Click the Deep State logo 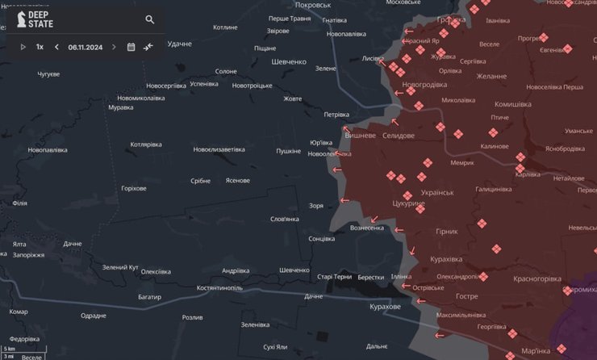[x=32, y=19]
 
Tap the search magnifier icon [x=150, y=19]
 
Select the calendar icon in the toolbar [x=131, y=47]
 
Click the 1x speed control [x=40, y=47]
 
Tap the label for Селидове [x=399, y=136]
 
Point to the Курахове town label [x=385, y=307]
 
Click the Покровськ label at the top [x=315, y=5]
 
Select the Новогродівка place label [x=424, y=84]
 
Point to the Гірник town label [x=446, y=231]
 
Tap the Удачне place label [x=179, y=44]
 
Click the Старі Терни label [x=335, y=277]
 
